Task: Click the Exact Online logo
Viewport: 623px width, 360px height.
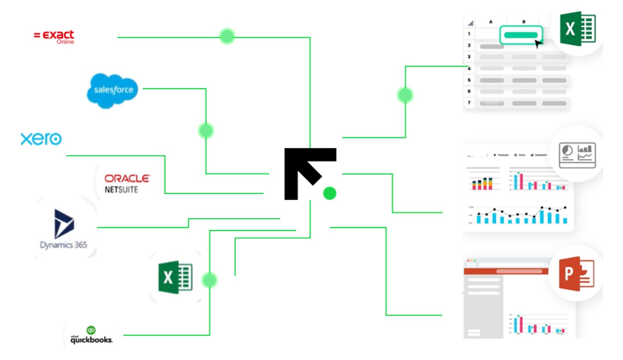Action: click(x=54, y=37)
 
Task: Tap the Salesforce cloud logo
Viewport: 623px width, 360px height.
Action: click(x=113, y=90)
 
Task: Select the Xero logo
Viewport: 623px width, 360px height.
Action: click(x=41, y=139)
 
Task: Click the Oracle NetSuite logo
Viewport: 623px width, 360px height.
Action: click(x=127, y=183)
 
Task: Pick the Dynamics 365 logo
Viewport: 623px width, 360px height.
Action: click(x=64, y=229)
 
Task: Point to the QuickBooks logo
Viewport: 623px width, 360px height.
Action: click(x=91, y=336)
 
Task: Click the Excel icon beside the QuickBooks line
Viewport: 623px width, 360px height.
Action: click(x=175, y=278)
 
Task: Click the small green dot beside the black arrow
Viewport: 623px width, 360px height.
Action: click(x=329, y=193)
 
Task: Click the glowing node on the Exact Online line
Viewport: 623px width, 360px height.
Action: click(x=227, y=36)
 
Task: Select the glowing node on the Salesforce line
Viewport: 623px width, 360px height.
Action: click(x=206, y=130)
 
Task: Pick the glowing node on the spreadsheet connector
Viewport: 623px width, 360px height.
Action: click(x=405, y=95)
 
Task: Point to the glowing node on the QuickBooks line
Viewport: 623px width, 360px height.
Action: click(x=210, y=280)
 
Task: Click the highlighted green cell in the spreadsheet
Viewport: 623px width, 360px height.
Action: click(x=521, y=35)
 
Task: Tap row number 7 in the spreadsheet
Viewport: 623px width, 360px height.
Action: click(x=469, y=103)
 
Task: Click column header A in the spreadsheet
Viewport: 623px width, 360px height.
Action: click(x=491, y=21)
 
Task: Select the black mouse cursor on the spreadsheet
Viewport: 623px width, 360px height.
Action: click(x=539, y=43)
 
